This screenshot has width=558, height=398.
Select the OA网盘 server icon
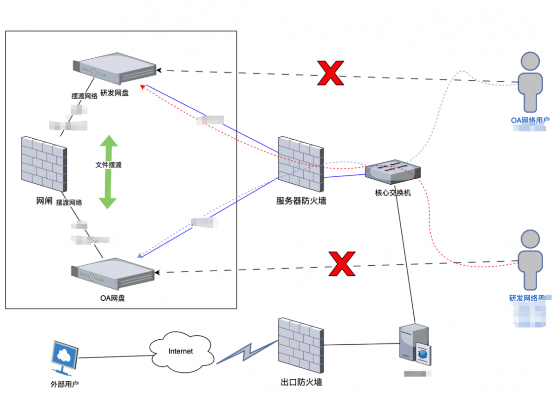click(x=113, y=274)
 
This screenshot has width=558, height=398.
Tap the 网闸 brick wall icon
click(x=44, y=164)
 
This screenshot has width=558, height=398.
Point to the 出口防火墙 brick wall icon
click(x=300, y=346)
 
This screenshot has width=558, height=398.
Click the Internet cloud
click(x=181, y=352)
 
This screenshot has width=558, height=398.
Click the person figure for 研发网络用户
click(x=530, y=260)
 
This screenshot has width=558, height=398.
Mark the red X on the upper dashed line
click(x=330, y=73)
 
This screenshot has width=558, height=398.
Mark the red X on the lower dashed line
click(x=342, y=263)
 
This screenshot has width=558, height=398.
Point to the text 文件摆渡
click(x=108, y=165)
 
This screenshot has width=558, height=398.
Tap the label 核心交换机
click(x=393, y=193)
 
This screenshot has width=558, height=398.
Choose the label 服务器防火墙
click(x=301, y=201)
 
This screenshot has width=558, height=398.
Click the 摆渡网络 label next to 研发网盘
click(x=84, y=96)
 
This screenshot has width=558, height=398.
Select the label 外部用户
click(x=65, y=384)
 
